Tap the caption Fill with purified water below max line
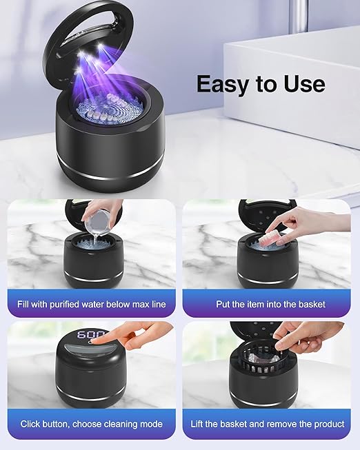92,304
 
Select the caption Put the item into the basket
266,304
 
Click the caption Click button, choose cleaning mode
92,424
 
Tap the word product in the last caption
326,424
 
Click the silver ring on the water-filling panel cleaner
92,278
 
